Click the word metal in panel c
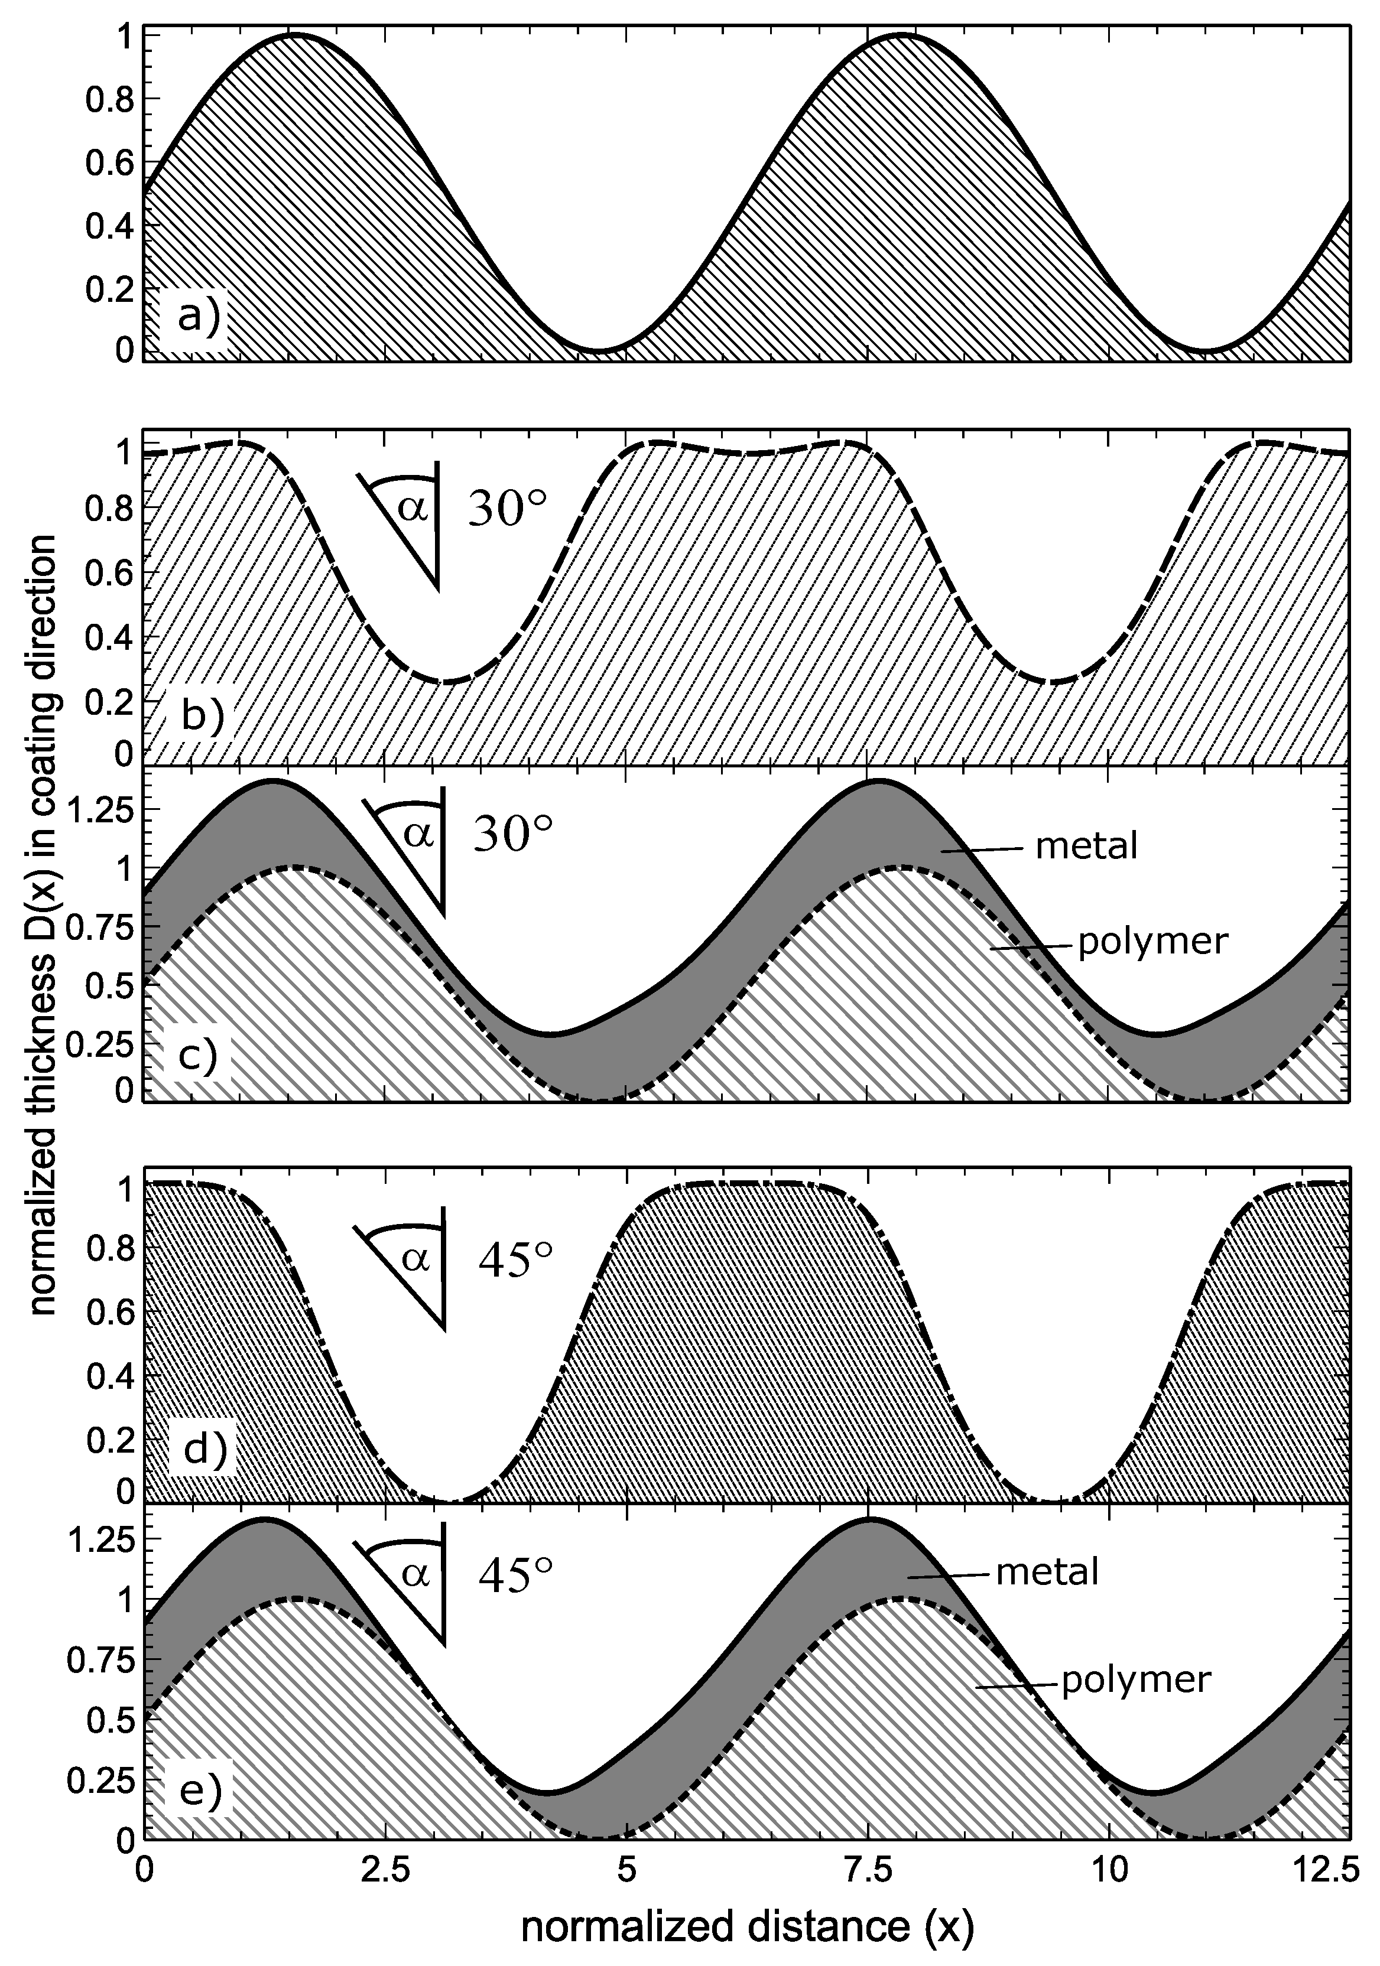click(x=1086, y=846)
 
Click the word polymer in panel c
click(x=1152, y=941)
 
